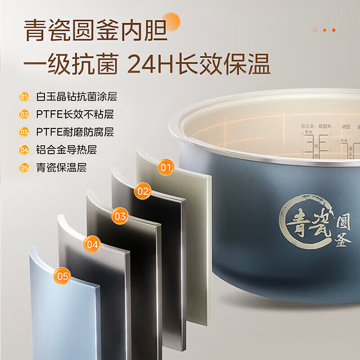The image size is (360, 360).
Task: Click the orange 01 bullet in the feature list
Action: click(x=24, y=97)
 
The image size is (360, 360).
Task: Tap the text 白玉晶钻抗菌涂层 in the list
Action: click(x=76, y=97)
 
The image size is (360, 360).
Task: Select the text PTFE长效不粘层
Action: click(x=75, y=114)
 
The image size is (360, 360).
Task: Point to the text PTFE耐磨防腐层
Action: click(x=75, y=132)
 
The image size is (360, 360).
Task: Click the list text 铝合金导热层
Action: click(x=66, y=150)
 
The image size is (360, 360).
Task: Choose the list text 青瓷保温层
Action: click(x=61, y=167)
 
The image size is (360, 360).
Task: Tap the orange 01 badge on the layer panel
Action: click(x=166, y=168)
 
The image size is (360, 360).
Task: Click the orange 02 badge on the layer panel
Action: click(x=143, y=192)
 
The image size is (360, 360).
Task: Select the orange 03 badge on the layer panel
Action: click(x=120, y=216)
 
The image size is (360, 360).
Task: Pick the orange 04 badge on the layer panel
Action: click(x=92, y=245)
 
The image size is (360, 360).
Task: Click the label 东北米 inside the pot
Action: click(x=307, y=126)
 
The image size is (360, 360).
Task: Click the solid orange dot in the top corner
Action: click(x=333, y=30)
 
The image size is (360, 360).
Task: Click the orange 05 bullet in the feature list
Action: click(x=24, y=167)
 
